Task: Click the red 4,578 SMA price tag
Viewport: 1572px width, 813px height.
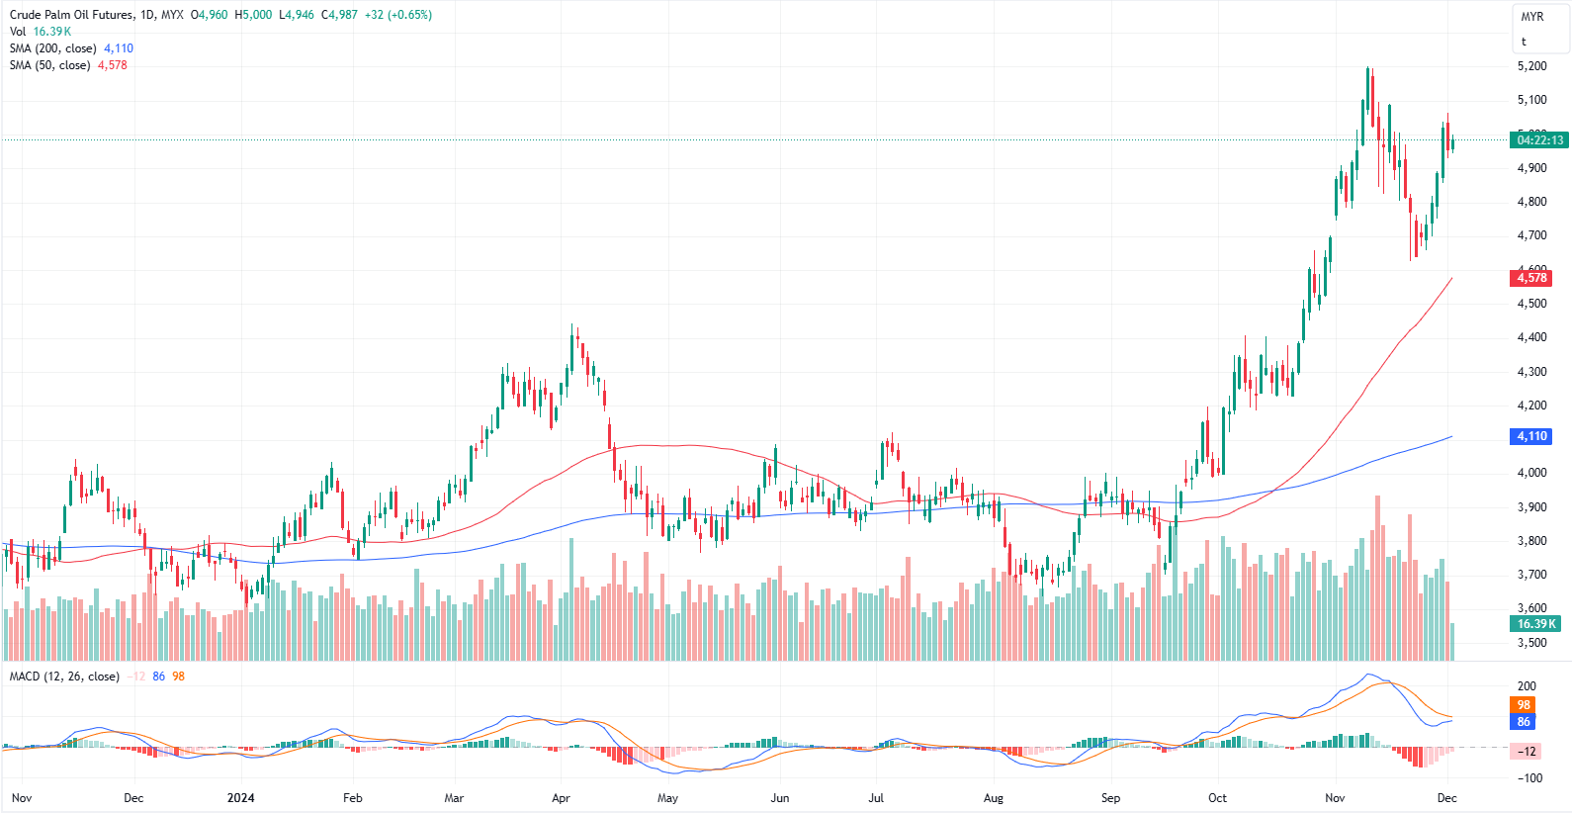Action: pyautogui.click(x=1531, y=278)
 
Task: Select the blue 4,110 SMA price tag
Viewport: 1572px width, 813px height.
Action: pyautogui.click(x=1531, y=436)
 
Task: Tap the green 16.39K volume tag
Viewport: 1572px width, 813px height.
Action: pyautogui.click(x=1536, y=624)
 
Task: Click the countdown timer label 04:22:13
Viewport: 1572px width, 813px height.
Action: pyautogui.click(x=1540, y=140)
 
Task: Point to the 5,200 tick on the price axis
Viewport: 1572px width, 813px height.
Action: pyautogui.click(x=1531, y=66)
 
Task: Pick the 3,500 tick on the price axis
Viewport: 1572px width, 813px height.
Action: pyautogui.click(x=1531, y=643)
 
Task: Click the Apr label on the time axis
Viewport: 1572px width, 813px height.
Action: pyautogui.click(x=561, y=798)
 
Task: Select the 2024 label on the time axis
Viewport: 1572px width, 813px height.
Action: pyautogui.click(x=240, y=798)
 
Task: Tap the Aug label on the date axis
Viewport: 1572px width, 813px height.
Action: pyautogui.click(x=994, y=798)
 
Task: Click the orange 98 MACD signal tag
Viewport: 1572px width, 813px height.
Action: pyautogui.click(x=1524, y=705)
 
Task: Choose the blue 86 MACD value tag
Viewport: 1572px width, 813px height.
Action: pyautogui.click(x=1524, y=722)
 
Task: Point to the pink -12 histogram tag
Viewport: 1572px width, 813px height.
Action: pyautogui.click(x=1527, y=752)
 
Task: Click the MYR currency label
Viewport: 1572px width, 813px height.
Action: pyautogui.click(x=1532, y=17)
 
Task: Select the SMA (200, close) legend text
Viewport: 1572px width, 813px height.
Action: pyautogui.click(x=53, y=48)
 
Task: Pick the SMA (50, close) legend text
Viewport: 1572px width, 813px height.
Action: pyautogui.click(x=49, y=65)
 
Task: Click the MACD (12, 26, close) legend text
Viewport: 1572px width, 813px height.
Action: pyautogui.click(x=64, y=677)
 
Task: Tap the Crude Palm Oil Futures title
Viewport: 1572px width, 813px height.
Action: pyautogui.click(x=71, y=15)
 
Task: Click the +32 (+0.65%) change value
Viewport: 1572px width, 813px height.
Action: pyautogui.click(x=397, y=15)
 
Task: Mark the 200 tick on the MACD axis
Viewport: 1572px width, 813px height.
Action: pyautogui.click(x=1527, y=686)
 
